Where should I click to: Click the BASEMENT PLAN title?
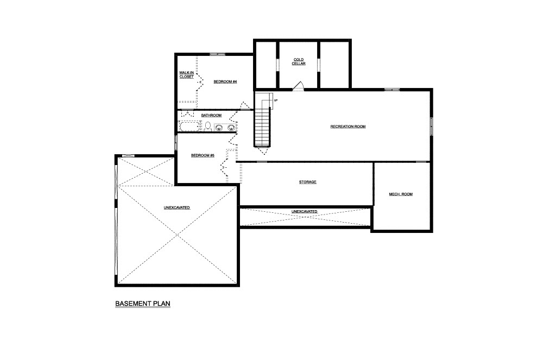143,304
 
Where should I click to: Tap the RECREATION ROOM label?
348,127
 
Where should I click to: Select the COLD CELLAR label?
299,62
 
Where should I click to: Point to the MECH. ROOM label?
401,194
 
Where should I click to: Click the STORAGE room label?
307,182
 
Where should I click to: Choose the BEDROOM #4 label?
225,82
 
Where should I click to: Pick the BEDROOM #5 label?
203,155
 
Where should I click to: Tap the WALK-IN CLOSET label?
187,75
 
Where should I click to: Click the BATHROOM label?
211,115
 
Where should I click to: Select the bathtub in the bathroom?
191,127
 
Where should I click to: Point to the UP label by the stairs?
275,100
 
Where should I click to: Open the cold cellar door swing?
299,86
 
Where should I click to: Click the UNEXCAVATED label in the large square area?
176,208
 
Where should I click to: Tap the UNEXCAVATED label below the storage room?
304,212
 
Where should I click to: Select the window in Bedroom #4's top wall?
217,54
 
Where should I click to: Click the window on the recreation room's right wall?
432,127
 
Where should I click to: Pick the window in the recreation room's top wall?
392,90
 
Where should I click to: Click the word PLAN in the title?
162,304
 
